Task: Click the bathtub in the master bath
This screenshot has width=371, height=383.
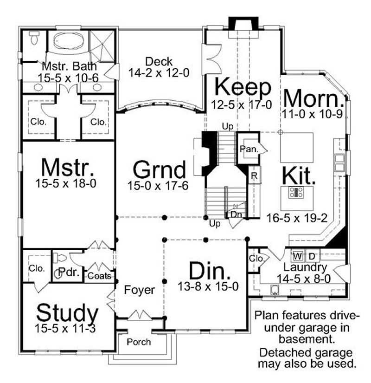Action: pyautogui.click(x=69, y=40)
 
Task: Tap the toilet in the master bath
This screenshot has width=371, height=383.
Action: pyautogui.click(x=34, y=38)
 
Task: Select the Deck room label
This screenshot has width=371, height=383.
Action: pyautogui.click(x=159, y=62)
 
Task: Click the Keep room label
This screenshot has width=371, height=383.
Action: pyautogui.click(x=243, y=87)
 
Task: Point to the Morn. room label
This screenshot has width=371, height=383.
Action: pyautogui.click(x=314, y=98)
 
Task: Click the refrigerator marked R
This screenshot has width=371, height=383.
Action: pyautogui.click(x=254, y=175)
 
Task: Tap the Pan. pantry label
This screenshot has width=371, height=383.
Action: pyautogui.click(x=249, y=149)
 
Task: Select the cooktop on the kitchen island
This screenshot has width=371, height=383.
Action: pyautogui.click(x=296, y=192)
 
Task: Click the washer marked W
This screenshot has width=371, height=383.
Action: pyautogui.click(x=298, y=256)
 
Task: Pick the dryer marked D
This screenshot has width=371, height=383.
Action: pyautogui.click(x=312, y=256)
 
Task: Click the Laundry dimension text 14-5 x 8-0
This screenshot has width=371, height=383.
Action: pyautogui.click(x=304, y=279)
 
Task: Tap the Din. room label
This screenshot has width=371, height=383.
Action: pyautogui.click(x=210, y=271)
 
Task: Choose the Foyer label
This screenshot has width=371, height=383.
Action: pyautogui.click(x=140, y=290)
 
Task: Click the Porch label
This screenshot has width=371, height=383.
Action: pyautogui.click(x=139, y=342)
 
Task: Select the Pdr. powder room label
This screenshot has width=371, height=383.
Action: pyautogui.click(x=69, y=272)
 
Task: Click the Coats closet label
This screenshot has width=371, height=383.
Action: pyautogui.click(x=99, y=276)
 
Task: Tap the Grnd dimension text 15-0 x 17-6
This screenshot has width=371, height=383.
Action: pyautogui.click(x=158, y=186)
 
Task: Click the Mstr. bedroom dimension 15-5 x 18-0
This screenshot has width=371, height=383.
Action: pyautogui.click(x=66, y=183)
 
